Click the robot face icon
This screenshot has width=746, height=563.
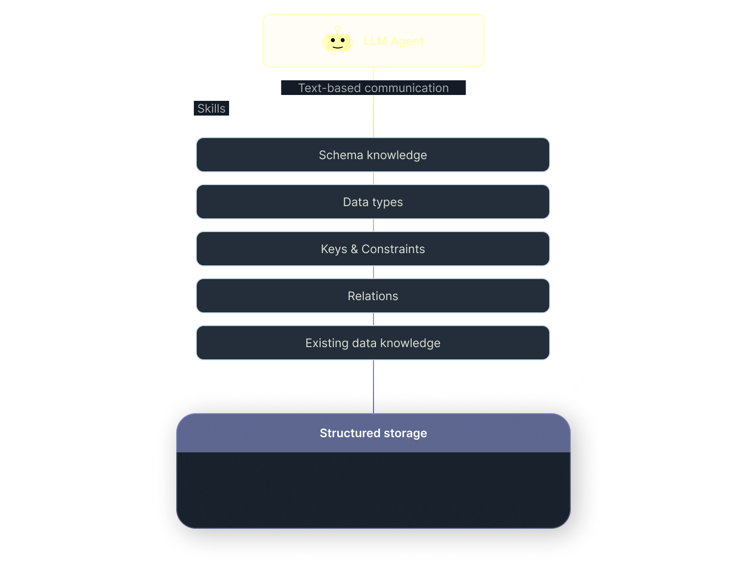[337, 41]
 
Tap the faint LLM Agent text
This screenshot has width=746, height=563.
[394, 41]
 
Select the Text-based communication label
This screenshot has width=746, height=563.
[373, 88]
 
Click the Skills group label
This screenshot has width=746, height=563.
[211, 109]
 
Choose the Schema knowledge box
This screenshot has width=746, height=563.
[373, 155]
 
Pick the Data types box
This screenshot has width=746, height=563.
[373, 202]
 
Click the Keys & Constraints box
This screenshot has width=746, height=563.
[373, 249]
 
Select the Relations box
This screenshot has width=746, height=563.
[373, 296]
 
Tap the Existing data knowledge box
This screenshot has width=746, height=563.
[373, 343]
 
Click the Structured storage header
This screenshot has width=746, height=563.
[373, 433]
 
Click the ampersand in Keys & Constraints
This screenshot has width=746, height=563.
[354, 249]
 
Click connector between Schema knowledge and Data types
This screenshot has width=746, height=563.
[373, 178]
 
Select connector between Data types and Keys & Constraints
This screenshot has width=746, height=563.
[373, 225]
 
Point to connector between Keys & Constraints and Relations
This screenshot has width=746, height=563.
[373, 272]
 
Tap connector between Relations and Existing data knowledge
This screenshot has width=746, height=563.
[373, 319]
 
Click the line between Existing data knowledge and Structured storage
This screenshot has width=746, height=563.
[373, 387]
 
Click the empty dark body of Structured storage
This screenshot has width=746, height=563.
[373, 490]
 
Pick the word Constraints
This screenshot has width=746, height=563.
[393, 249]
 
